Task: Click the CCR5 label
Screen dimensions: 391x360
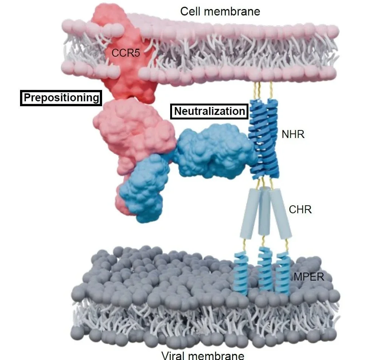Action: coord(126,53)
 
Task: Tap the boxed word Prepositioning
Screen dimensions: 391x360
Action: coord(61,98)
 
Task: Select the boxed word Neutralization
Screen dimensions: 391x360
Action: coord(209,111)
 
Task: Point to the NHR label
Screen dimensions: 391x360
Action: coord(293,134)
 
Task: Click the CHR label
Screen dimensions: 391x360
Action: coord(300,209)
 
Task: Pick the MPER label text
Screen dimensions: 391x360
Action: coord(309,277)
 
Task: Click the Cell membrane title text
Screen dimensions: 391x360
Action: coord(220,11)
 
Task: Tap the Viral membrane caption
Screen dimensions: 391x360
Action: coord(203,355)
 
